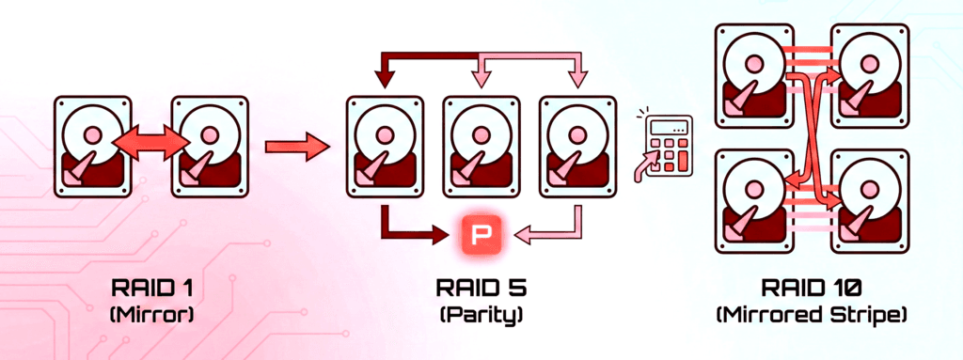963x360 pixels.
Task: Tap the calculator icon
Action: [669, 142]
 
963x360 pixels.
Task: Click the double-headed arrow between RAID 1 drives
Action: [147, 146]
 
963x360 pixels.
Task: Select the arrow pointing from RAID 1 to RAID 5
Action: [298, 146]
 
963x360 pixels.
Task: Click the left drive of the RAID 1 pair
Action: [91, 146]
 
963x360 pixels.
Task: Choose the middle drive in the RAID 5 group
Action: [482, 146]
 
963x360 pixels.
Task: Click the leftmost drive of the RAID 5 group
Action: [385, 146]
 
